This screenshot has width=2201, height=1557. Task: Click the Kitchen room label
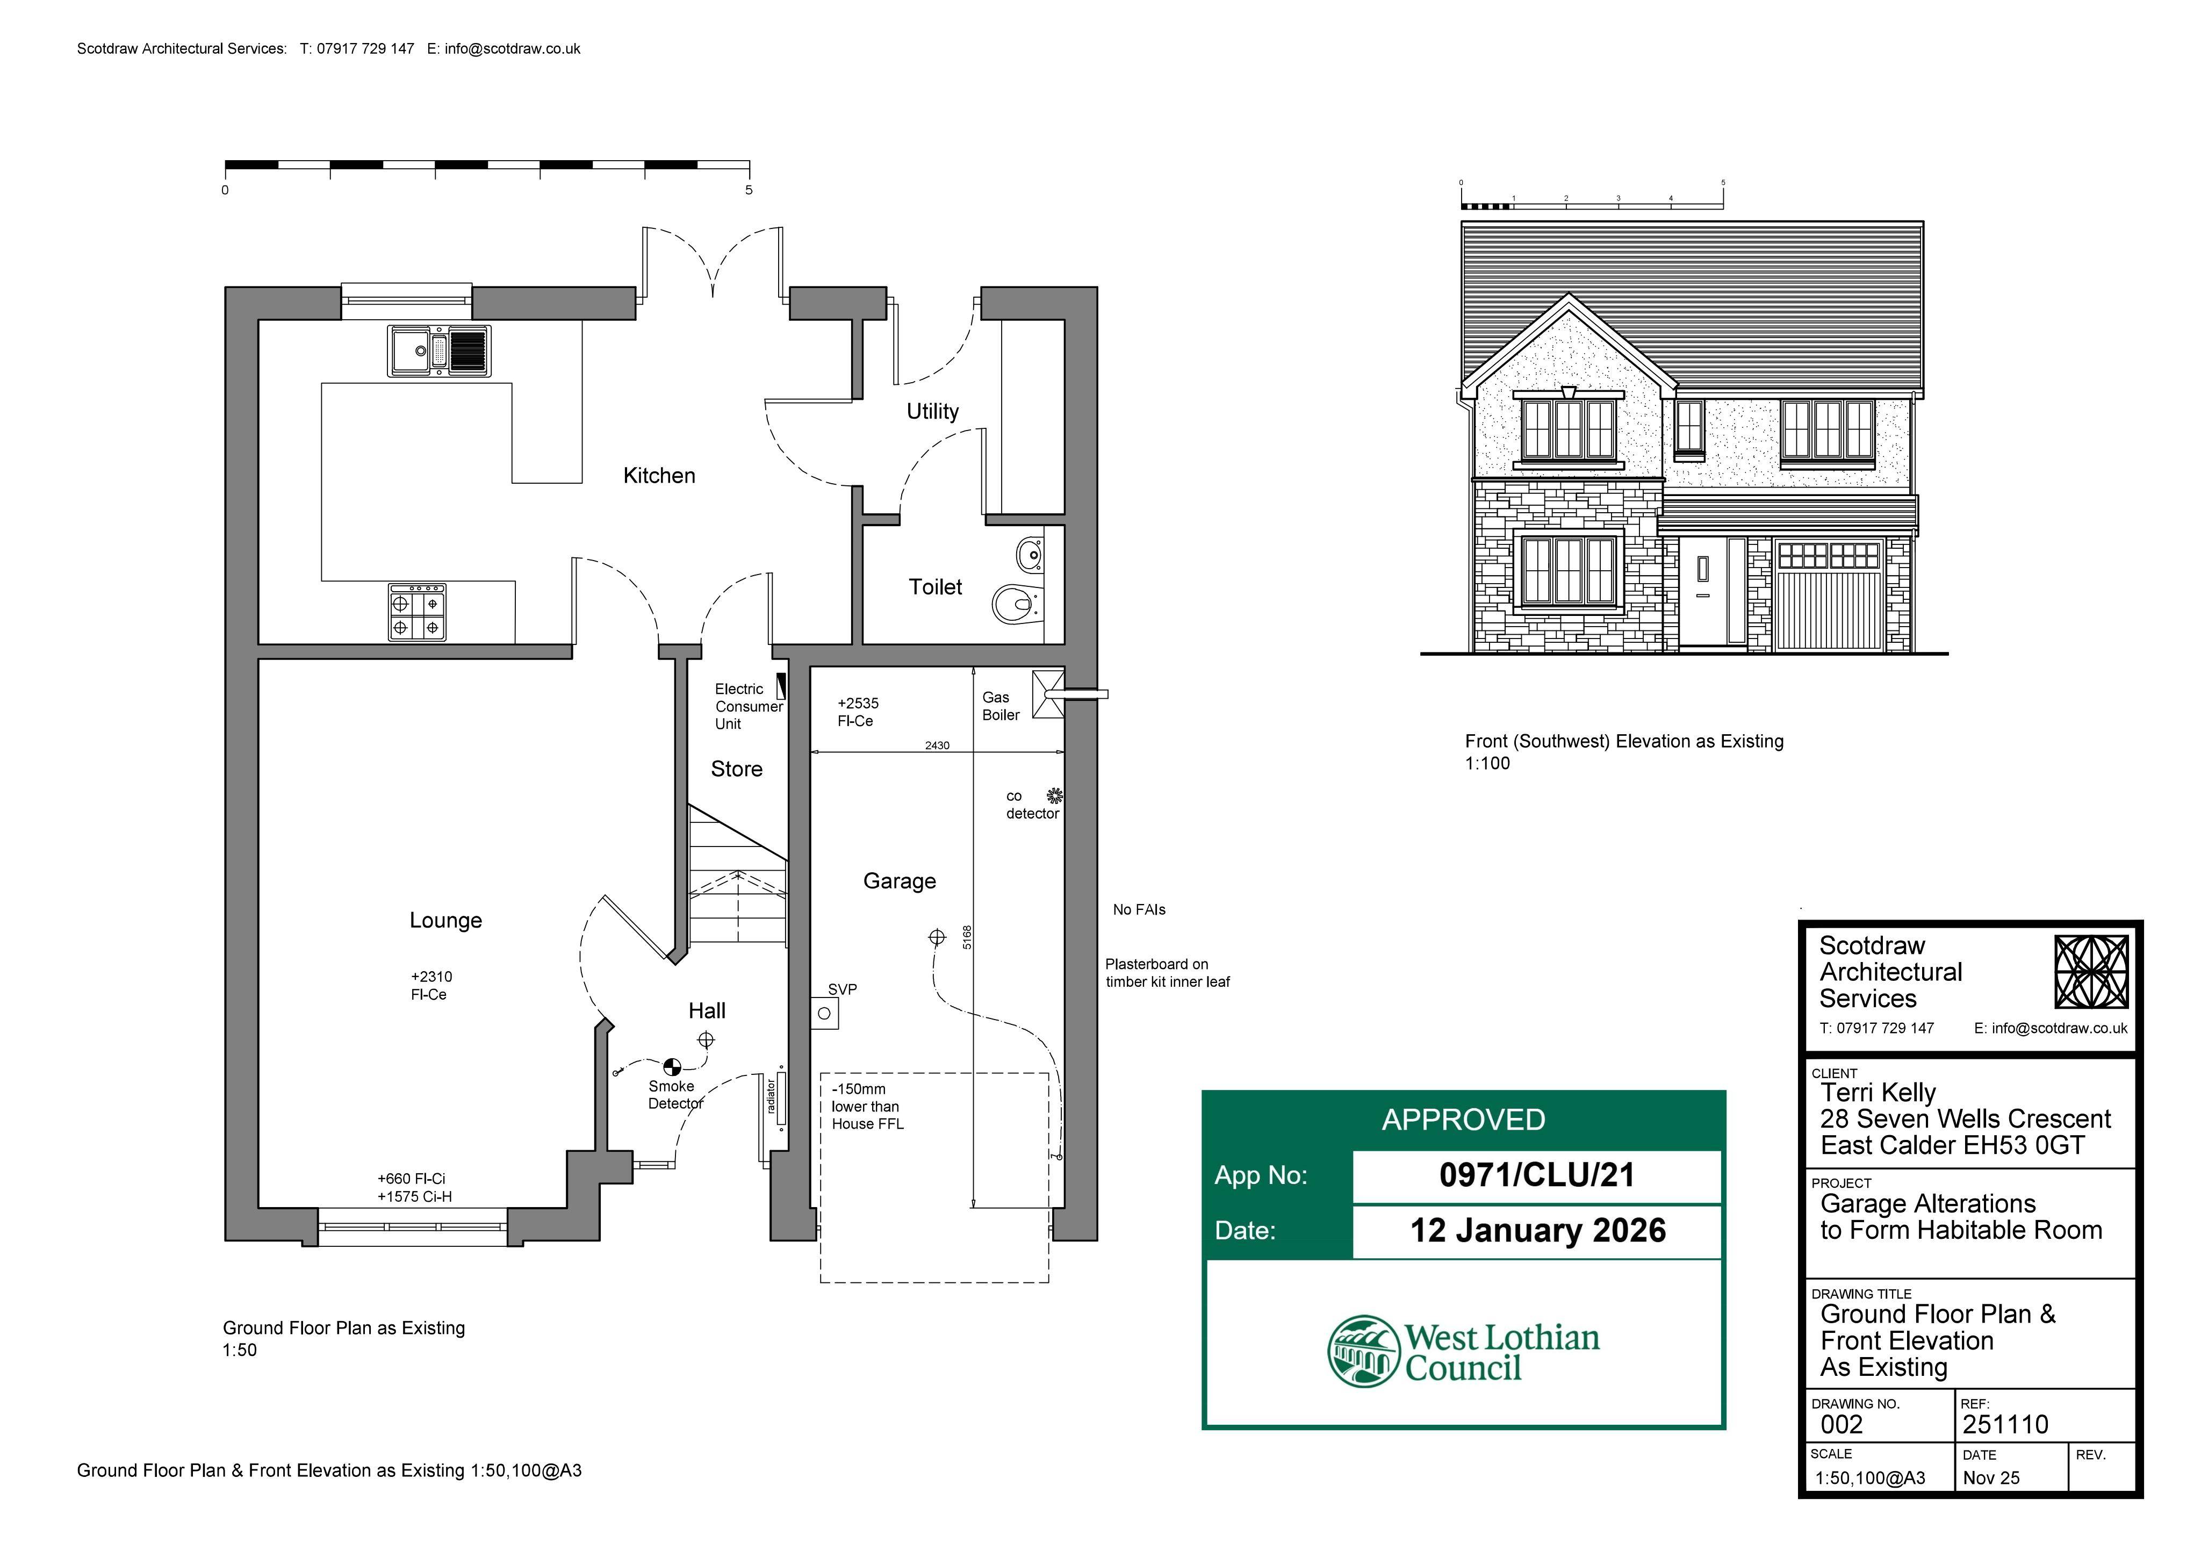[x=659, y=476]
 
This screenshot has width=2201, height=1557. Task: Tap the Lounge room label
[x=446, y=921]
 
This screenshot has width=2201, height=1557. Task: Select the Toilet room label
[x=934, y=587]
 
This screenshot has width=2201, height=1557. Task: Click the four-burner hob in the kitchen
[x=417, y=612]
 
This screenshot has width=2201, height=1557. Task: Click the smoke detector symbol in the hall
[x=672, y=1066]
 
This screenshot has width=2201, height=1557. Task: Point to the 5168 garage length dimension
[x=967, y=937]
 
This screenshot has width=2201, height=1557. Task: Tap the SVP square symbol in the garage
[x=824, y=1014]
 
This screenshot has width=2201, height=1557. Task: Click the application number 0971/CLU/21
[x=1537, y=1175]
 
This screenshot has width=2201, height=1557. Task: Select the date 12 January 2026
[x=1537, y=1231]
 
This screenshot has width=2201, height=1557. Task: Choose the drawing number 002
[x=1842, y=1425]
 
